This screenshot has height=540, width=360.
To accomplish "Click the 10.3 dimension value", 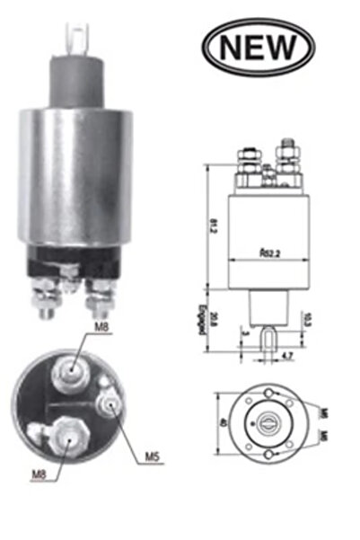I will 308,319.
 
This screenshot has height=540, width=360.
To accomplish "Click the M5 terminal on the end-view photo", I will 111,404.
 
